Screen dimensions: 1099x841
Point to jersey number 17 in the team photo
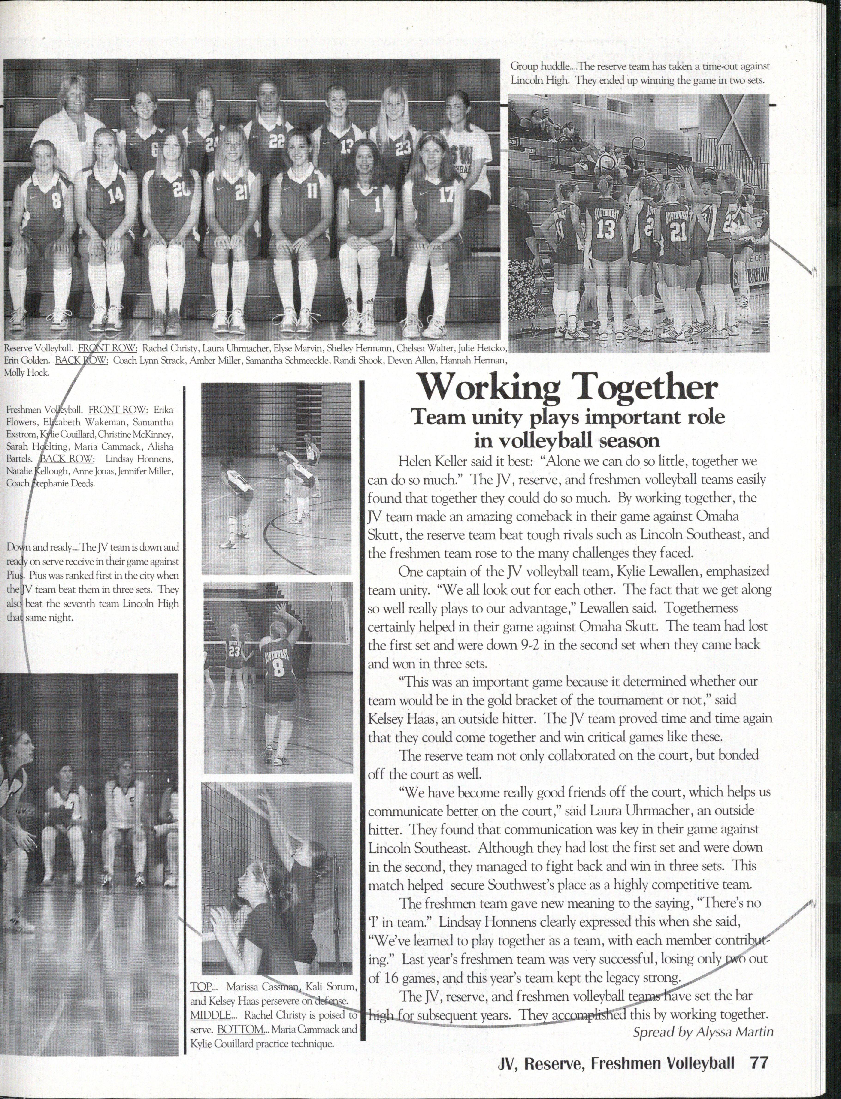click(445, 194)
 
